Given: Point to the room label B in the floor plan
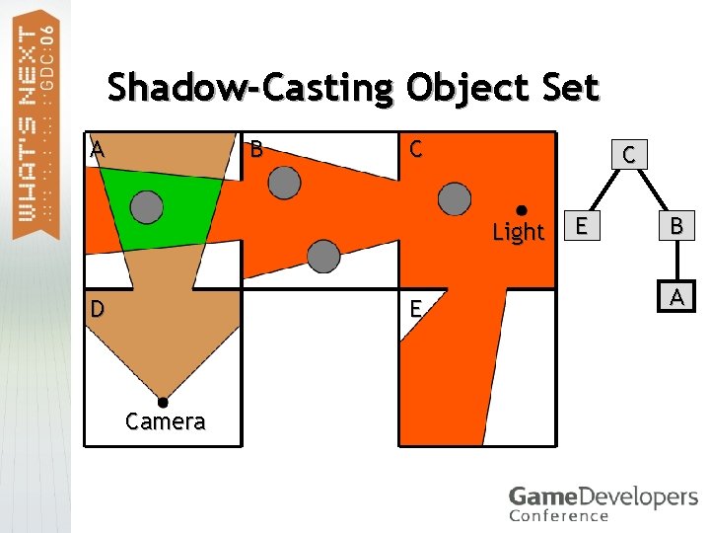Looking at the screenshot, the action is (x=256, y=150).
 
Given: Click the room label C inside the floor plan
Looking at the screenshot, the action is (x=415, y=150).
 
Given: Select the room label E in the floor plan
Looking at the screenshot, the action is (x=416, y=309).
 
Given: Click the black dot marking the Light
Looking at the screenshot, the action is (x=522, y=209).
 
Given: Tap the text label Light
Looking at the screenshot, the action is (x=518, y=233).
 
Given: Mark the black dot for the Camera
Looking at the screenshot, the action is (x=163, y=403).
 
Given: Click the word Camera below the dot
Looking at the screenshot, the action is (x=166, y=422).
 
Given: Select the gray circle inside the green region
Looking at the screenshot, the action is (x=147, y=206).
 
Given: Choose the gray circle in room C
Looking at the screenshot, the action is (x=455, y=198).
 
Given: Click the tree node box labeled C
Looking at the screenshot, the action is (x=628, y=153).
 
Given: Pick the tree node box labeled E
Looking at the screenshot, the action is (x=583, y=226).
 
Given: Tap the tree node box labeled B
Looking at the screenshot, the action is (x=676, y=226).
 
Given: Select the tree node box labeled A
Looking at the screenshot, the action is (x=676, y=296).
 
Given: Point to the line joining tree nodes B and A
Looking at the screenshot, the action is (x=676, y=262).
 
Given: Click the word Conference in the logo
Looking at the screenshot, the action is (x=559, y=515).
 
